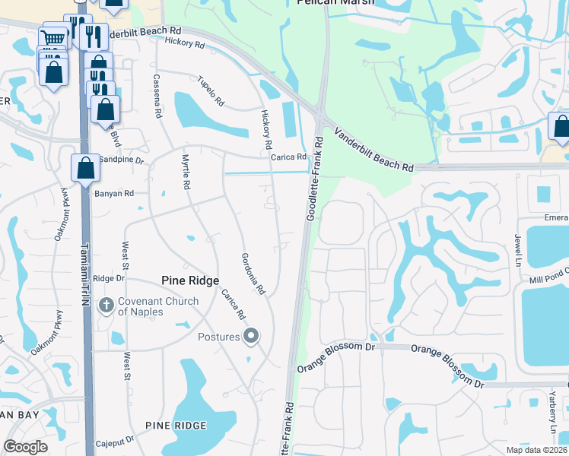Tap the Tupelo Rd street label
click(211, 90)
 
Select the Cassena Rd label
click(157, 95)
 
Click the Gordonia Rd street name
click(253, 274)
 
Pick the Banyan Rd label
click(114, 194)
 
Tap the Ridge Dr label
click(108, 279)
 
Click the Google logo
click(25, 447)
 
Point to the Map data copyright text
click(536, 449)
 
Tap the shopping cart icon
click(52, 38)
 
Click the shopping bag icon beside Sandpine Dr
click(86, 168)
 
